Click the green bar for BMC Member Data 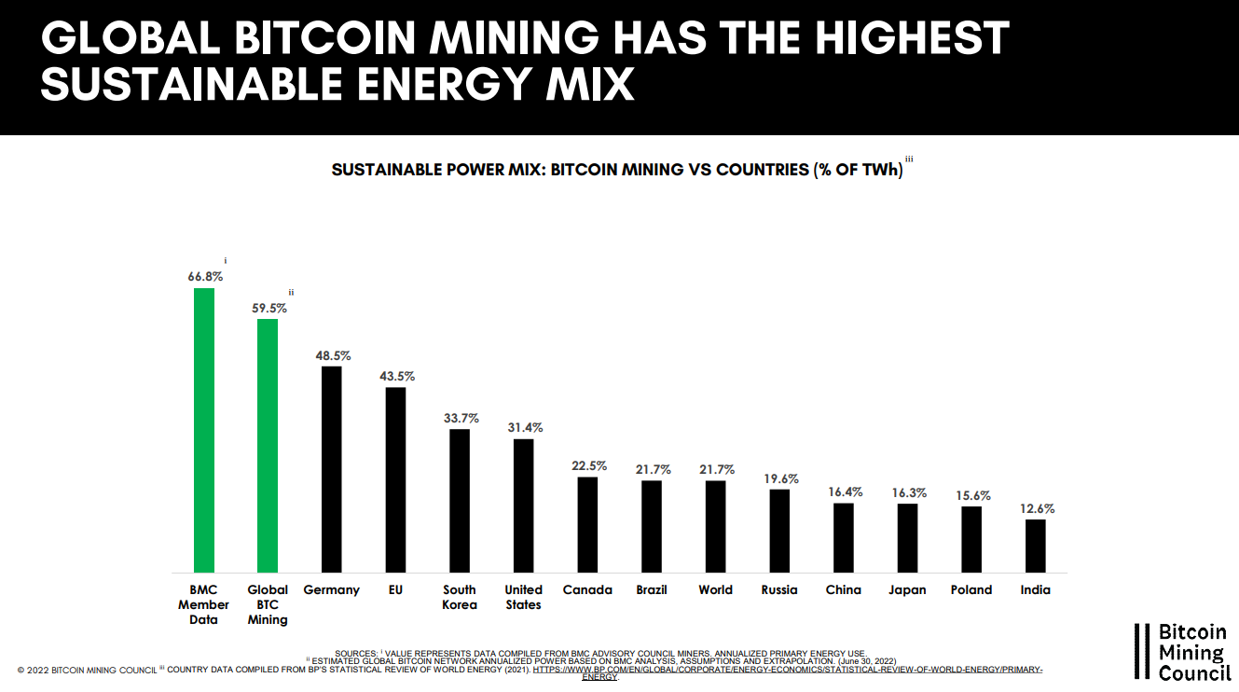203,430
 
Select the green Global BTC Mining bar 268,446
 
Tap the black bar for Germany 331,469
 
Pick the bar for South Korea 460,501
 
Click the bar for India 1035,546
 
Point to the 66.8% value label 204,276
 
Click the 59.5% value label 268,308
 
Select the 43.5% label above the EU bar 396,376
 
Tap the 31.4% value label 524,427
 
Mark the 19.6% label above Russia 779,478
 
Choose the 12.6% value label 1036,508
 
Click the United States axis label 523,597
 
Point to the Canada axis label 587,589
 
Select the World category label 716,589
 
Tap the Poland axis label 971,589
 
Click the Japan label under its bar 907,589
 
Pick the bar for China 844,538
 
